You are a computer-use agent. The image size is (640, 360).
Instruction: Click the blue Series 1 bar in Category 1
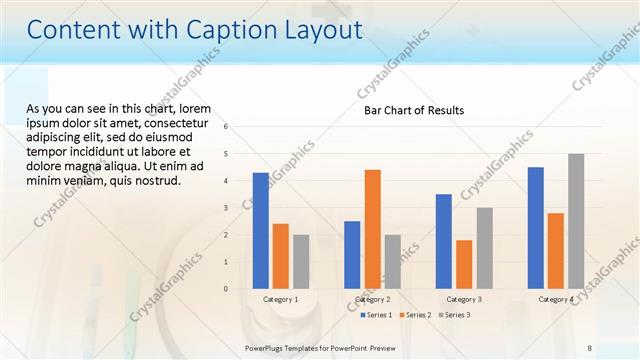260,231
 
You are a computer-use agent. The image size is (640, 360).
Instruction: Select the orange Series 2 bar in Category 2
372,229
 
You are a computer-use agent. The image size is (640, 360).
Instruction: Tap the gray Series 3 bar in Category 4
576,221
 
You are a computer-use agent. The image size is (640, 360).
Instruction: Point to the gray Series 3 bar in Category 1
301,262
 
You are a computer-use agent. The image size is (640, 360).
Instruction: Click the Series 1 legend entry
376,315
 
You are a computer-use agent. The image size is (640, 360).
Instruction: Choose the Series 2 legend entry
415,315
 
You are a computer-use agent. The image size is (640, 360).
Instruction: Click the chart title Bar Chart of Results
414,110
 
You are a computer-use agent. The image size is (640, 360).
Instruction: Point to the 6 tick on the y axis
227,127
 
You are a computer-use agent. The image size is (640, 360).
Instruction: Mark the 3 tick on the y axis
227,208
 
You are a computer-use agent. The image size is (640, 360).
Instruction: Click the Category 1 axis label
281,299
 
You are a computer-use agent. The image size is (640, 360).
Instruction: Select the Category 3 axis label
464,299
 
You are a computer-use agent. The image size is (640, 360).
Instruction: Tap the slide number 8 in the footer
588,347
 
